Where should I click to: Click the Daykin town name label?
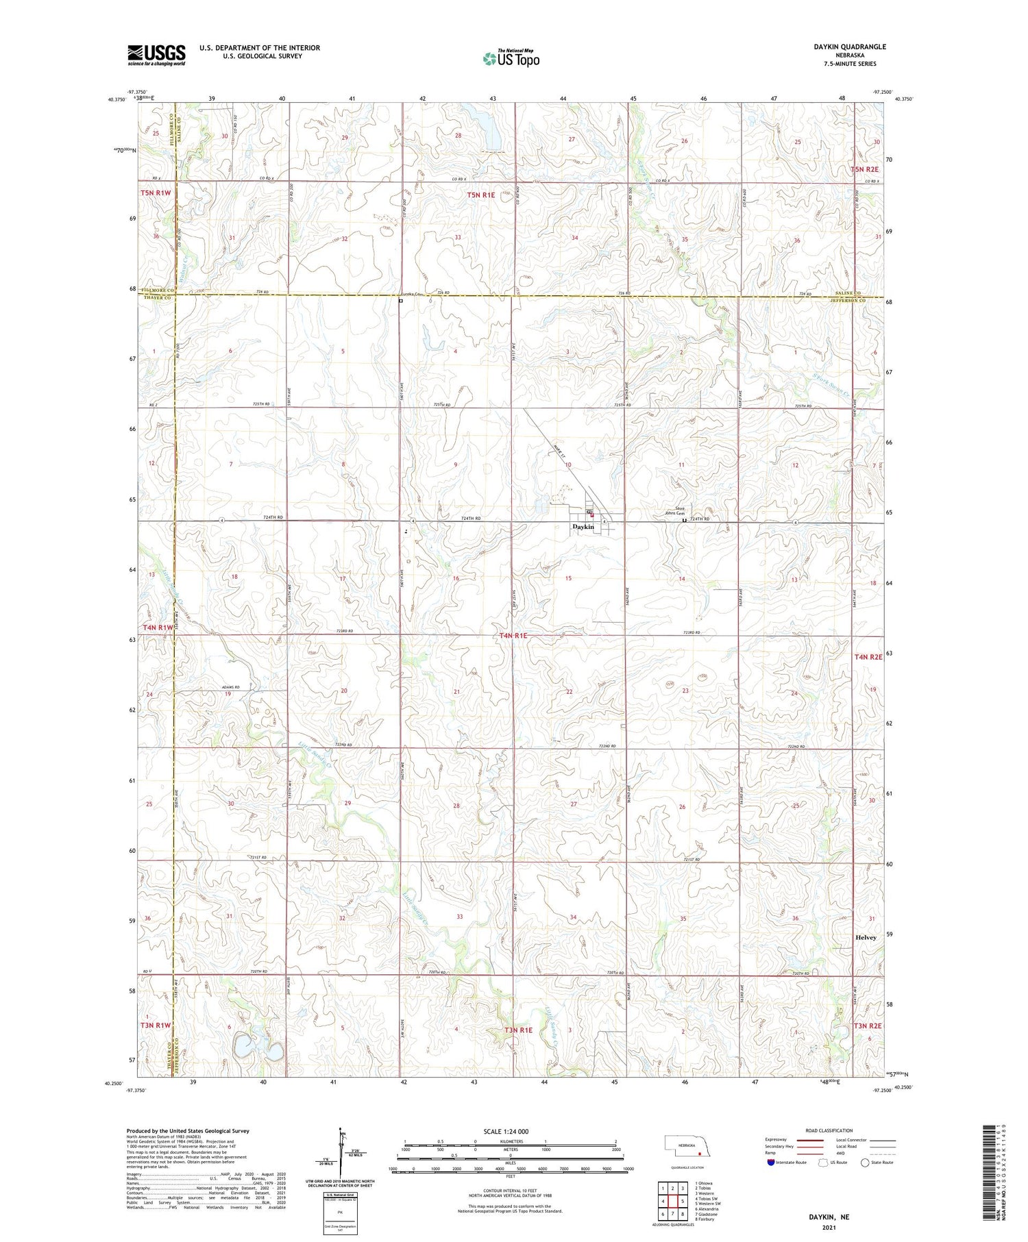pyautogui.click(x=583, y=527)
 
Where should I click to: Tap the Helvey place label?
pyautogui.click(x=866, y=937)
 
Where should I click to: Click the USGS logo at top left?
pyautogui.click(x=156, y=55)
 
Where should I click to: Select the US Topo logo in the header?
pyautogui.click(x=511, y=59)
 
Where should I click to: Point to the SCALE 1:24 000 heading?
pyautogui.click(x=506, y=1131)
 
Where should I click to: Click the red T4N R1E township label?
pyautogui.click(x=513, y=636)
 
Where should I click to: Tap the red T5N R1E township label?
pyautogui.click(x=481, y=195)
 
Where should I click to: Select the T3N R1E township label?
pyautogui.click(x=519, y=1030)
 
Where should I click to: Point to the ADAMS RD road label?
pyautogui.click(x=230, y=687)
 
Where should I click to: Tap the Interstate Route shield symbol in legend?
pyautogui.click(x=771, y=1162)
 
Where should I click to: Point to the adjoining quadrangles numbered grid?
pyautogui.click(x=673, y=1202)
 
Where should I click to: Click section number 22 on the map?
pyautogui.click(x=569, y=692)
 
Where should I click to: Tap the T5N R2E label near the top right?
pyautogui.click(x=865, y=169)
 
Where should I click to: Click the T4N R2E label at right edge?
pyautogui.click(x=867, y=657)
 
